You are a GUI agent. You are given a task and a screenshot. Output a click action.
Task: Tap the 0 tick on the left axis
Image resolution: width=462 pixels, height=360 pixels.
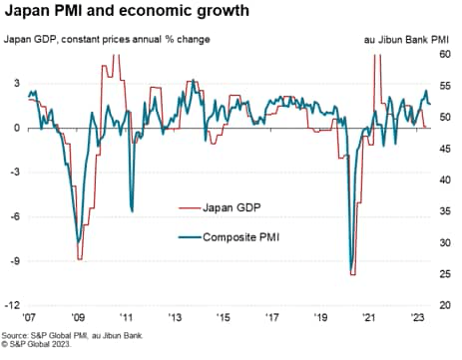(16, 129)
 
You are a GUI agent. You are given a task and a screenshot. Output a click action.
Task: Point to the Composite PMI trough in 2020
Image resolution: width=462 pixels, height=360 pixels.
(351, 269)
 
